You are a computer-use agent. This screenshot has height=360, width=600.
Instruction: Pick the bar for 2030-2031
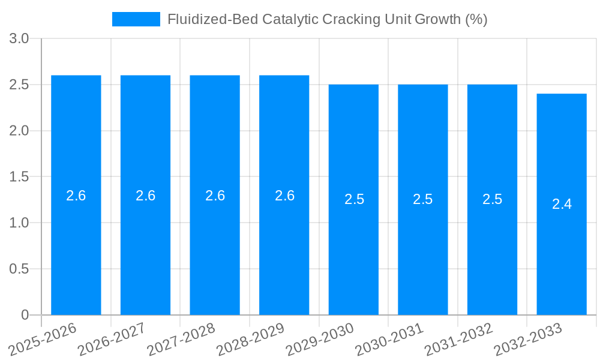(x=423, y=252)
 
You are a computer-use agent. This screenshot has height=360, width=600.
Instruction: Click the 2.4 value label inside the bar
(x=562, y=204)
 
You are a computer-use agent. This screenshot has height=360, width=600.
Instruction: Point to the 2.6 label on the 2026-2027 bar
(x=146, y=196)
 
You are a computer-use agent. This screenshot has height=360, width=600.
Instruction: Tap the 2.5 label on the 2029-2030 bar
(x=354, y=199)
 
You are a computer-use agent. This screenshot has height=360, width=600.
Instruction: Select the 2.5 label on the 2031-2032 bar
(x=493, y=199)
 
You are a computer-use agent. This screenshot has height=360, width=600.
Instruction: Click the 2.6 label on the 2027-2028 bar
(x=215, y=196)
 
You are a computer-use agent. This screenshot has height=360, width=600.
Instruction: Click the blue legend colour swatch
(x=136, y=19)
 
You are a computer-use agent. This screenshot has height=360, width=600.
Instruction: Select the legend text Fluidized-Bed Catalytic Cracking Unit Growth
(x=327, y=19)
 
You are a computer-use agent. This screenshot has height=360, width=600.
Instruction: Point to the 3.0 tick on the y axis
(x=19, y=39)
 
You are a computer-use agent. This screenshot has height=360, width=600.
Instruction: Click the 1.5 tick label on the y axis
(x=19, y=177)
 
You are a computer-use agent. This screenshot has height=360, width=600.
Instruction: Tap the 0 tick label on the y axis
(x=25, y=315)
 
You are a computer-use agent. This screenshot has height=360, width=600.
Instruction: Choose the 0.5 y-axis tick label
(x=19, y=269)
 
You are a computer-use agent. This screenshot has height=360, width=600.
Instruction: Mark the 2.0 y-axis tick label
(x=19, y=131)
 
